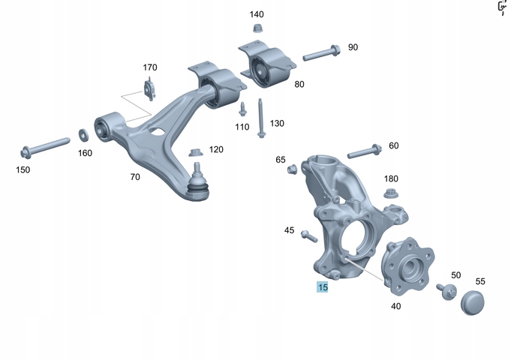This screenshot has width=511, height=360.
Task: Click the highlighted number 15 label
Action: [x=323, y=287]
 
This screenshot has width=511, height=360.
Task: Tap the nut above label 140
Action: [x=258, y=28]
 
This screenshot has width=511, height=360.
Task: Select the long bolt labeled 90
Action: [x=321, y=53]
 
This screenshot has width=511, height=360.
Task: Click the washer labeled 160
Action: [x=83, y=135]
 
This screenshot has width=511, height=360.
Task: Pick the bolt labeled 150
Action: [x=45, y=148]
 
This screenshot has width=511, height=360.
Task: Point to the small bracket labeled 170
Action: [x=149, y=88]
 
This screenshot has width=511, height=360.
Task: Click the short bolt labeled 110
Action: [x=242, y=109]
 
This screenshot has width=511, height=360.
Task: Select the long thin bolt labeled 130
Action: [x=260, y=118]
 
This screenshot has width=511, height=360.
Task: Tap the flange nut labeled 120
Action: [x=195, y=152]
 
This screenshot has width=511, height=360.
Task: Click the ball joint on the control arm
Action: [x=197, y=184]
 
